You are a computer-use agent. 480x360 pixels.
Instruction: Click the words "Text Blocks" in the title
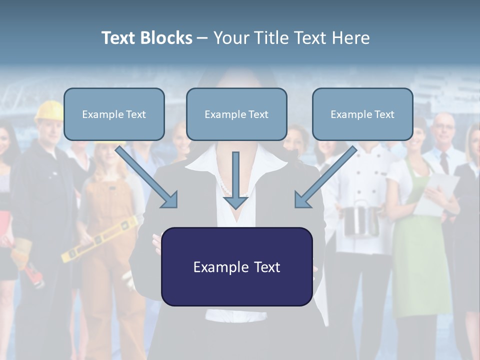click(x=146, y=38)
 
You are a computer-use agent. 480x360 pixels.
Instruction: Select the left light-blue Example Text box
click(x=114, y=114)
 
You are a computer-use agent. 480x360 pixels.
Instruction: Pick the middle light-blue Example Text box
click(x=236, y=114)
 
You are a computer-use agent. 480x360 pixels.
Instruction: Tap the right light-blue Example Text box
click(x=362, y=114)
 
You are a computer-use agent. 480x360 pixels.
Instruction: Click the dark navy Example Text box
click(x=236, y=266)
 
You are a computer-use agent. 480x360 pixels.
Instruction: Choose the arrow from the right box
click(x=325, y=177)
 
